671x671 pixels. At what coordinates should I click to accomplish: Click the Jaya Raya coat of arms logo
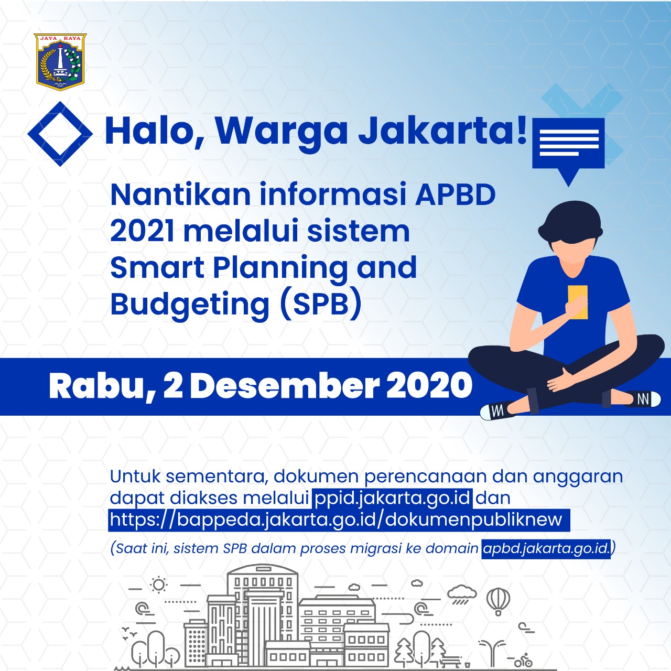pyautogui.click(x=60, y=62)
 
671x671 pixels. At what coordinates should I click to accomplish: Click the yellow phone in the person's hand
pyautogui.click(x=578, y=302)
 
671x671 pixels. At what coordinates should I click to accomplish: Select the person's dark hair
pyautogui.click(x=570, y=223)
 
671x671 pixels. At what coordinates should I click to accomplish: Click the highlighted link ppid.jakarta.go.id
pyautogui.click(x=393, y=498)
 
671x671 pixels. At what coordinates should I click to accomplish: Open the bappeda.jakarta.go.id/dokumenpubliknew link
pyautogui.click(x=339, y=520)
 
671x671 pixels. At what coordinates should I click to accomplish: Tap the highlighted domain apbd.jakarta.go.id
pyautogui.click(x=546, y=549)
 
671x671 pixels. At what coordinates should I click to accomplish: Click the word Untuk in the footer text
pyautogui.click(x=135, y=477)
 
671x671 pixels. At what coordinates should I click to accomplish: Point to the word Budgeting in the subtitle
pyautogui.click(x=190, y=305)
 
